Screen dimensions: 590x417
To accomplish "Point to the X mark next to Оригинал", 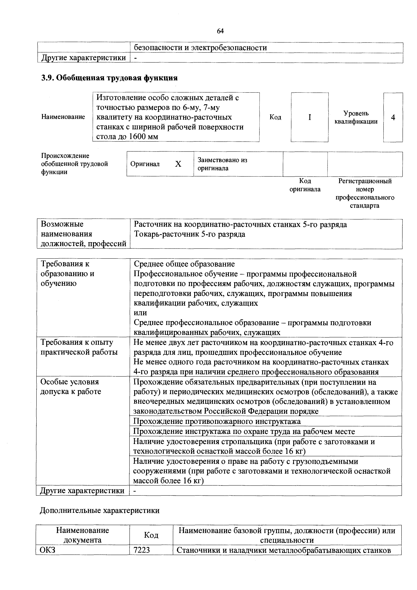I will coord(178,164).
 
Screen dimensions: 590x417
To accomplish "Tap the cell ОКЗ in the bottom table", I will coord(48,550).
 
